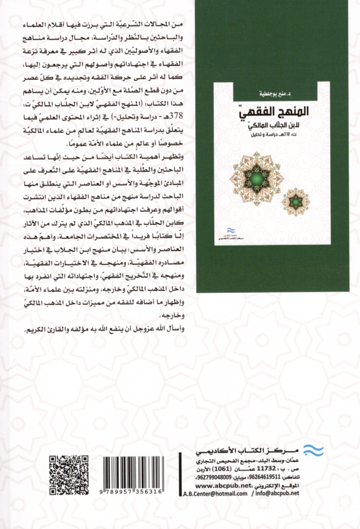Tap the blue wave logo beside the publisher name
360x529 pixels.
click(312, 449)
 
